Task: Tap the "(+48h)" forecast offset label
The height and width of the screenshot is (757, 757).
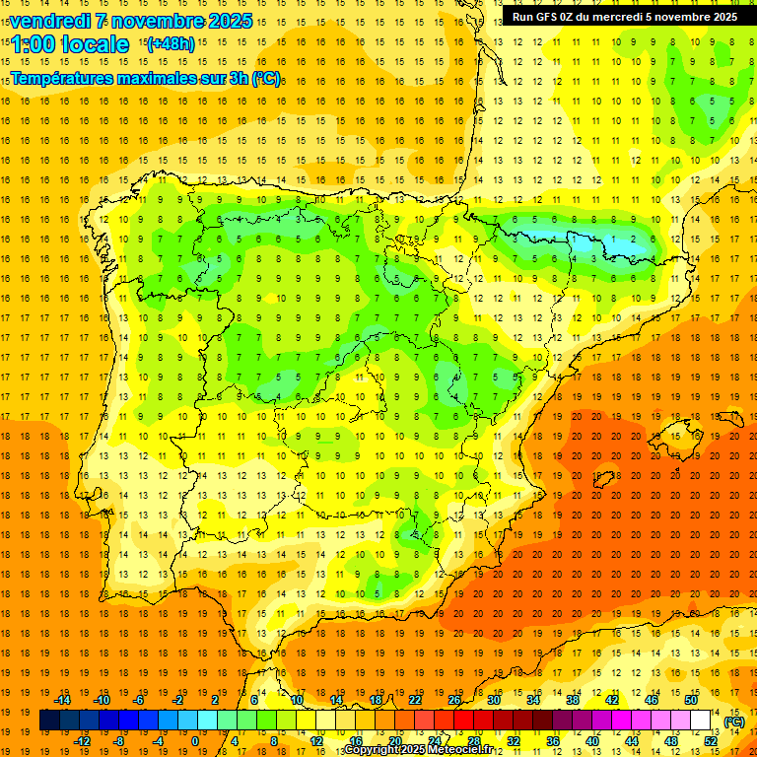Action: click(171, 44)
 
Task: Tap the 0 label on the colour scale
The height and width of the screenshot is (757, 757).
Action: click(195, 741)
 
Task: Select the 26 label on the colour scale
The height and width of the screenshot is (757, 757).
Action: click(454, 700)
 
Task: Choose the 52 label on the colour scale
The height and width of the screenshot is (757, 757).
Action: click(711, 741)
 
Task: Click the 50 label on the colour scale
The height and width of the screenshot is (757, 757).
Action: click(691, 700)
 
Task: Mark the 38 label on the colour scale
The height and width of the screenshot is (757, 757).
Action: click(572, 700)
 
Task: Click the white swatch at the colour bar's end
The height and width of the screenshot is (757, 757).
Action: click(701, 721)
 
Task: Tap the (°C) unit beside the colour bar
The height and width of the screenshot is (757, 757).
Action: click(734, 722)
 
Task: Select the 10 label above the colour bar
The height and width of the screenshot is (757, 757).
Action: click(297, 700)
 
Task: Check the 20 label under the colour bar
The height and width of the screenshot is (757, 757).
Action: click(395, 741)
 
